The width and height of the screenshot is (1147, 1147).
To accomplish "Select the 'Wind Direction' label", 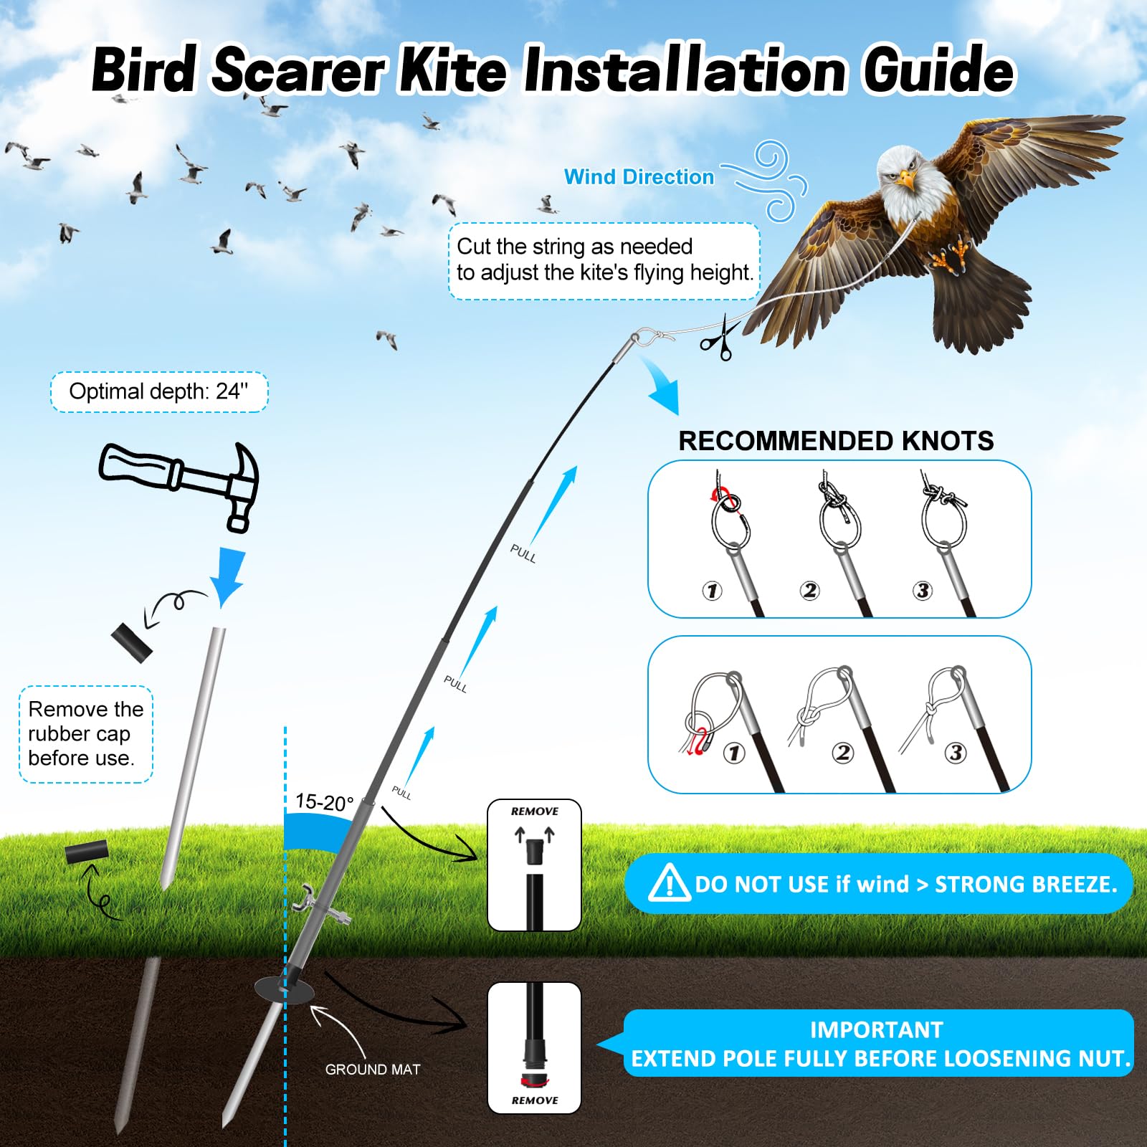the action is [639, 177].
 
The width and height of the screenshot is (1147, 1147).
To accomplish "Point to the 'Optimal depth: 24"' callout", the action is [159, 391].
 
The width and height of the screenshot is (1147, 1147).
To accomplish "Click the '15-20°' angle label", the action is [324, 801].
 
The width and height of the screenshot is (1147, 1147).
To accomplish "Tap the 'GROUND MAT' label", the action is [373, 1070].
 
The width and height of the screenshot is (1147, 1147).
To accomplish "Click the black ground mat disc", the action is [284, 990].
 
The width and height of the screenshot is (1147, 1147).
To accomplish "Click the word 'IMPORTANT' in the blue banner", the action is [876, 1030].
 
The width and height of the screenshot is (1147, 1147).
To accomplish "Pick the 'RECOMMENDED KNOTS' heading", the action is [836, 441].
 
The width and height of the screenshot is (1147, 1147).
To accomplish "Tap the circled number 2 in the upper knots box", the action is [809, 591].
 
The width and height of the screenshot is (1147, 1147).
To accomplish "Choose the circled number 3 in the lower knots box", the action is [955, 753].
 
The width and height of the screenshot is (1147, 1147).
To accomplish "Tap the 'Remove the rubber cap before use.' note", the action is [85, 734].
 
